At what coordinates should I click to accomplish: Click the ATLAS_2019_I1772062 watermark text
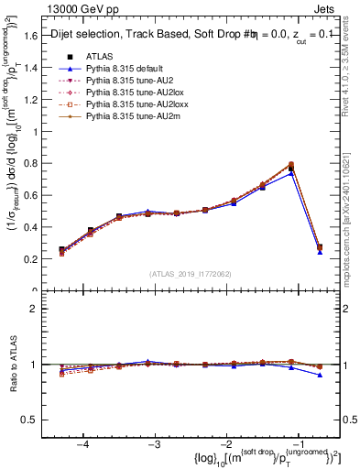(x=191, y=273)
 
